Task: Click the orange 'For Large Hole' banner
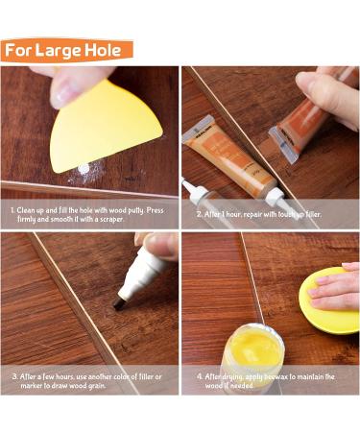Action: click(x=66, y=50)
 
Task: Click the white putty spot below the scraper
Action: click(x=84, y=168)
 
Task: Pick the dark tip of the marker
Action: click(x=120, y=302)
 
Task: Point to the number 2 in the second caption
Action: click(x=199, y=214)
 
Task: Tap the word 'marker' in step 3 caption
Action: click(x=32, y=386)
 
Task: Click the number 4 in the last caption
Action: click(x=199, y=376)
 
